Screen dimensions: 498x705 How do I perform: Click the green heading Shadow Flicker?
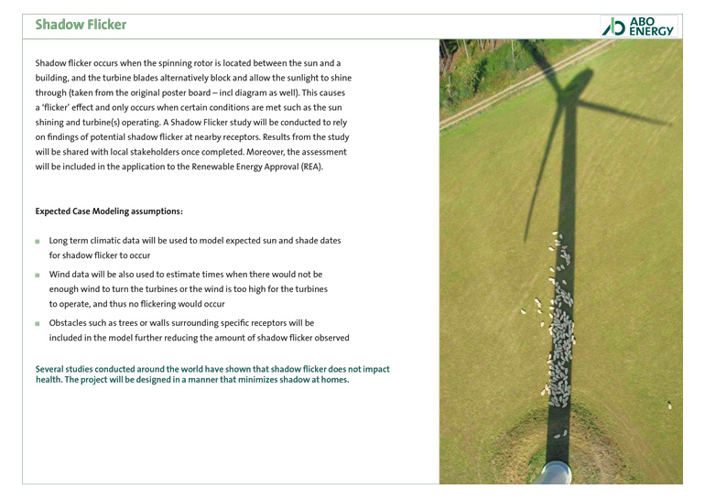81,25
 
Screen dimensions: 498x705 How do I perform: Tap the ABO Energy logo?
638,27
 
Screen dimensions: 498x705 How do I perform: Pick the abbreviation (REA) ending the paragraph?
308,167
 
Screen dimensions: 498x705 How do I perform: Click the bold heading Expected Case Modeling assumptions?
109,211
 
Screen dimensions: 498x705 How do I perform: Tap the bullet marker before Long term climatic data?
38,242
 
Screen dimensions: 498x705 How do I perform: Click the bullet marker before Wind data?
38,275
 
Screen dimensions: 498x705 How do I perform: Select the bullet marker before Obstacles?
38,324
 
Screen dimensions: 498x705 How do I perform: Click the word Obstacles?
72,323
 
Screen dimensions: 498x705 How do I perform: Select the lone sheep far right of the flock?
668,405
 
